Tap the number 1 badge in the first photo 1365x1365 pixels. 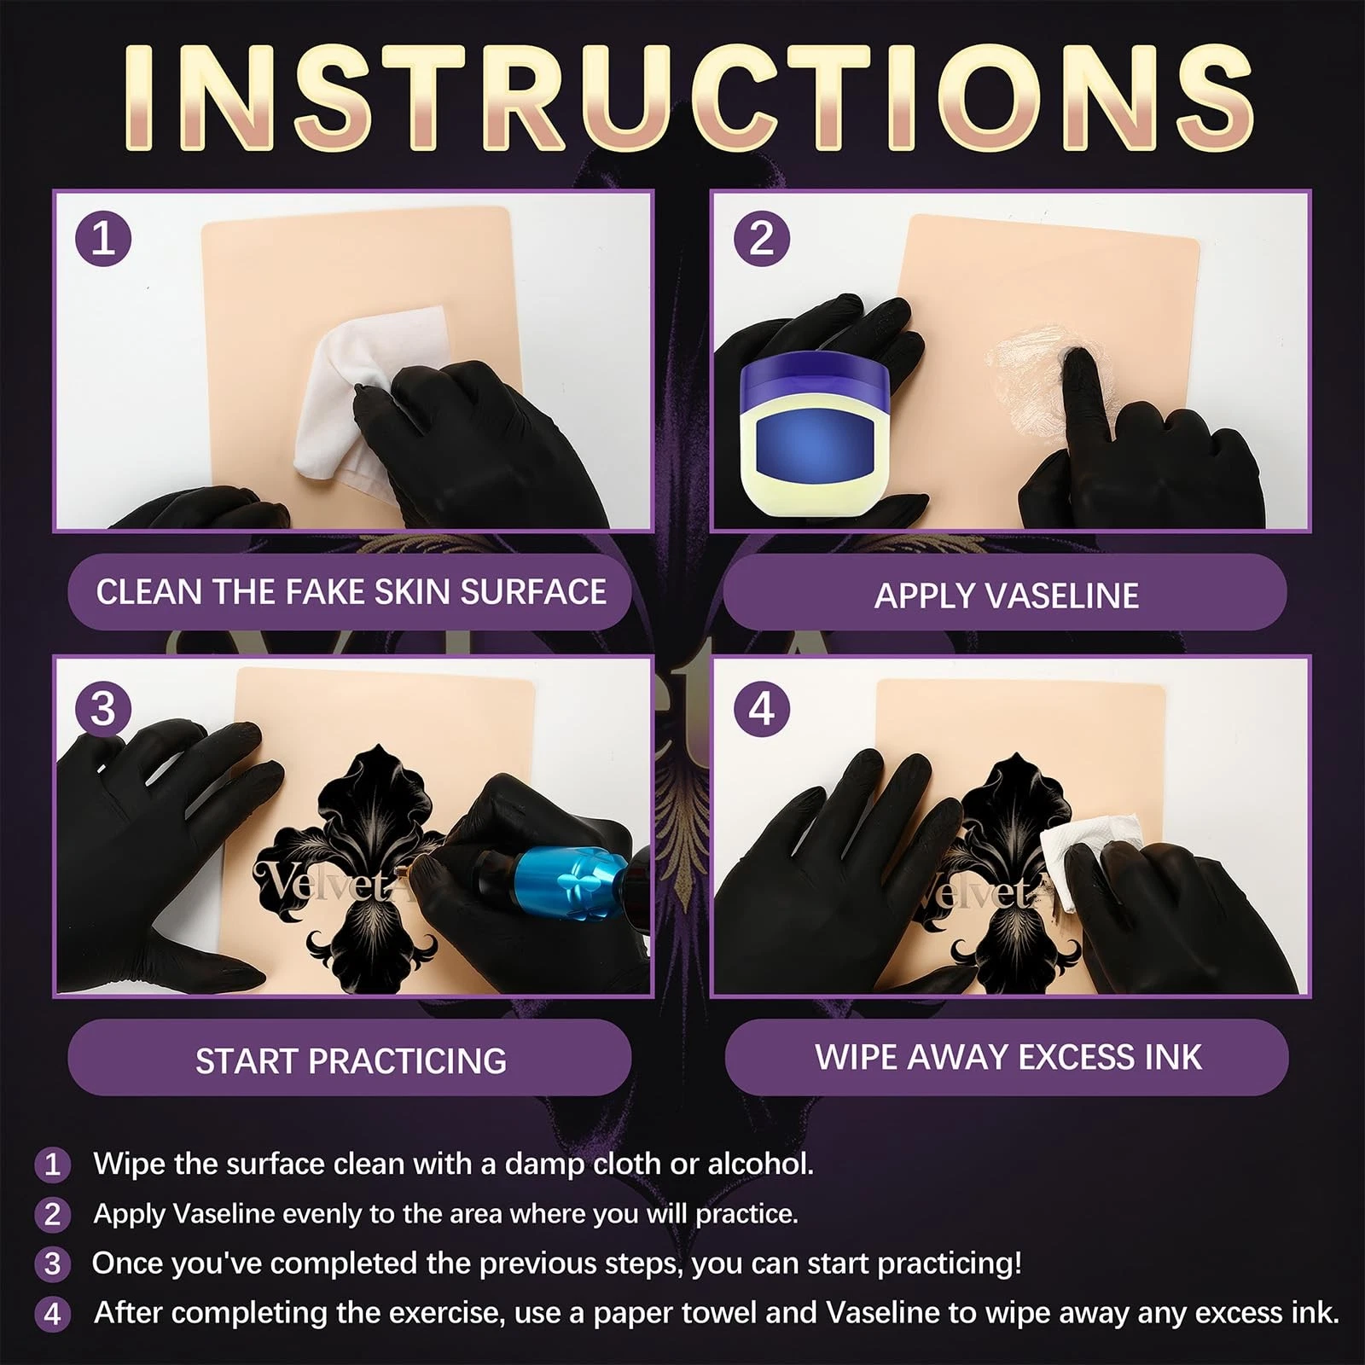pos(103,238)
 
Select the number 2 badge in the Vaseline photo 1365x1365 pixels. pos(762,238)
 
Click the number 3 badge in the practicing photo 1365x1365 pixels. pos(103,709)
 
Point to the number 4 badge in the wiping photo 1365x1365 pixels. pos(762,709)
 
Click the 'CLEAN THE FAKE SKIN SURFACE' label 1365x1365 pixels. pos(351,592)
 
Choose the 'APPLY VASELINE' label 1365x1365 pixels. pos(1007,595)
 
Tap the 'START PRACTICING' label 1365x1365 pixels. pos(351,1060)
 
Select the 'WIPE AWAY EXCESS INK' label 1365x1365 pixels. pos(1008,1057)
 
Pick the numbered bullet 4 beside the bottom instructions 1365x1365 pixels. pos(52,1314)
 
